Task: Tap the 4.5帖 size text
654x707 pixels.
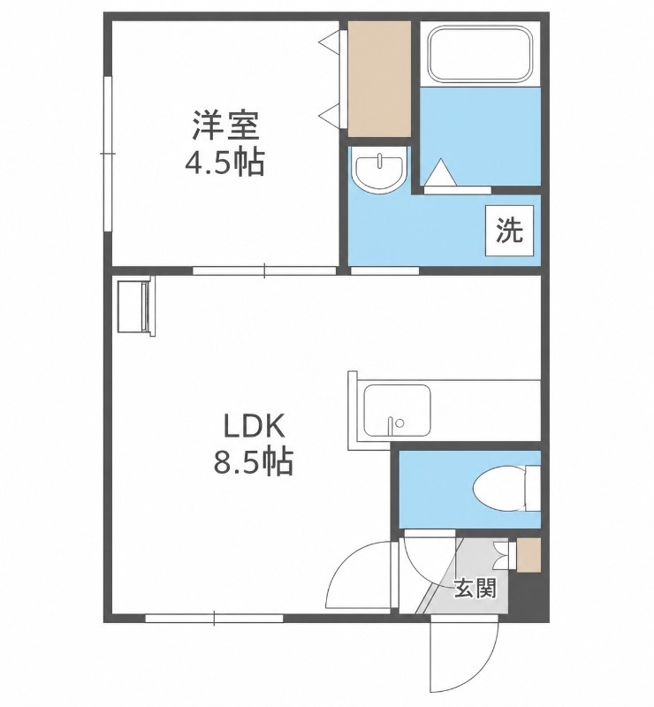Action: coord(224,163)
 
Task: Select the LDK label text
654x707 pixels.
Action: coord(254,427)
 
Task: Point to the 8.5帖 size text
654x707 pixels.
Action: coord(253,461)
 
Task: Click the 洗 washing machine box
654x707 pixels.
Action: coord(509,230)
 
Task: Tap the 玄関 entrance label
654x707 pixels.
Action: coord(475,589)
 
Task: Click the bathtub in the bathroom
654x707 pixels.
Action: coord(481,54)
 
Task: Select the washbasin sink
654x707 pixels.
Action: coord(379,171)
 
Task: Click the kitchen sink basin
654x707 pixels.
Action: coord(398,410)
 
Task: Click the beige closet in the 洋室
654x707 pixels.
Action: coord(379,79)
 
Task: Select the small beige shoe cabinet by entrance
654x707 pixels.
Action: coord(529,556)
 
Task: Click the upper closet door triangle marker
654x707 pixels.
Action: coord(331,42)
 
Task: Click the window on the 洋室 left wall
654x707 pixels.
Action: coord(107,154)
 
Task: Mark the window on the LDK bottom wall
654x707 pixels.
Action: coord(214,618)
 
